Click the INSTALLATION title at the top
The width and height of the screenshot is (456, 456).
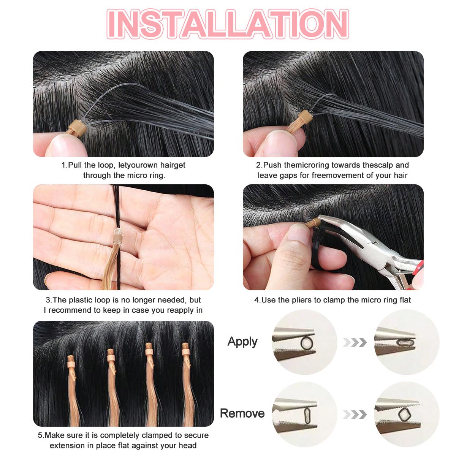pos(228,24)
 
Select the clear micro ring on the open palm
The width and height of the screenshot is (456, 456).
pos(117,238)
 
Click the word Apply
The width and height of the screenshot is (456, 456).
pos(242,342)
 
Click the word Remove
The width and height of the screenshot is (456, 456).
pos(242,413)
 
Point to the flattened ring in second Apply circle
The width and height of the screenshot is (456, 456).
pos(404,342)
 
